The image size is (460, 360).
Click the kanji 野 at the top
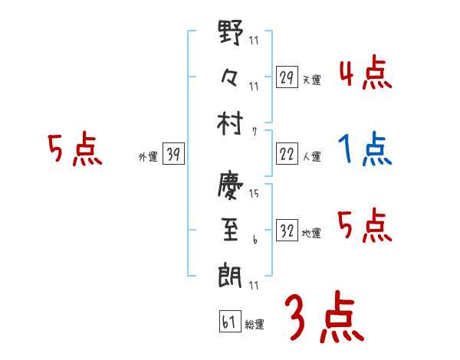click(231, 34)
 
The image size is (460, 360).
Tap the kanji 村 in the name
click(231, 123)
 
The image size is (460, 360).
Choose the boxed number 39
click(173, 155)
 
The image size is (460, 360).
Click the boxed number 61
click(229, 322)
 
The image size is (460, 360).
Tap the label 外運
click(148, 157)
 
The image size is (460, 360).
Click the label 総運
click(254, 325)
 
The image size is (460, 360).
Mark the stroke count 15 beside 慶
click(254, 194)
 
